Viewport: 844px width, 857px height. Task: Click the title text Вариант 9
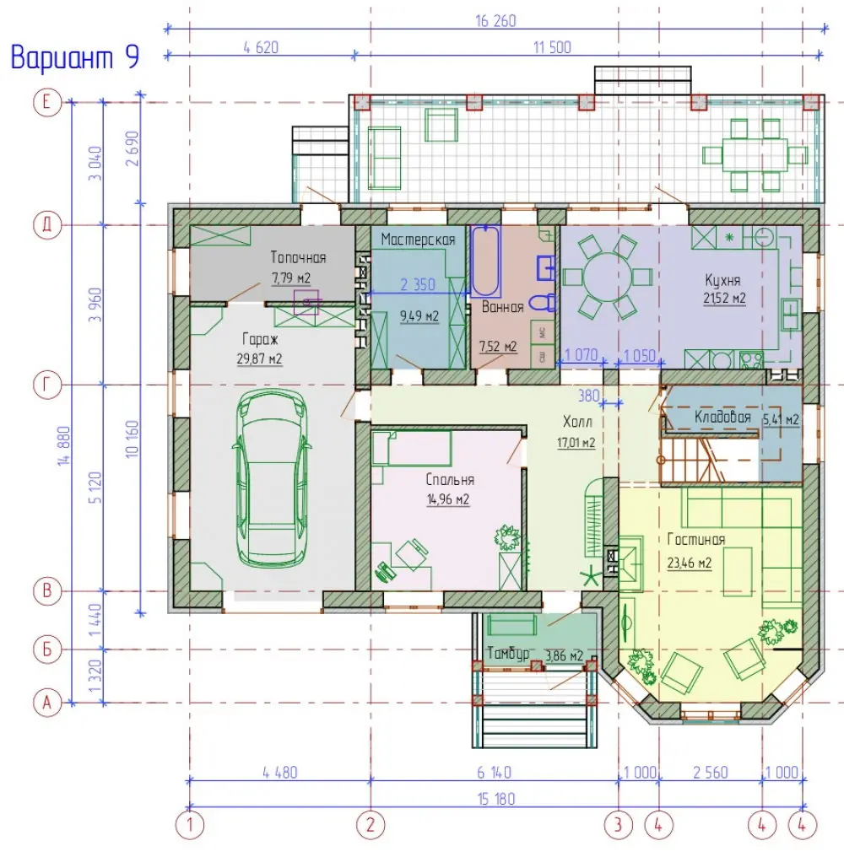(x=75, y=57)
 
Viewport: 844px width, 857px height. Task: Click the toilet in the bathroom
(x=544, y=302)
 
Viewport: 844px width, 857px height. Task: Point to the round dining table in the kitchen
(x=608, y=278)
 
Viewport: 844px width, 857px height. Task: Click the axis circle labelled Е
(x=47, y=102)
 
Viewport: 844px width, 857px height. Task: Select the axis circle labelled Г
(x=47, y=385)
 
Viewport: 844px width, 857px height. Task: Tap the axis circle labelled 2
(x=371, y=824)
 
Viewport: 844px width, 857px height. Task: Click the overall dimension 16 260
(x=495, y=21)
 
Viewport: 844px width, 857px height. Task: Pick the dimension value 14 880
(x=64, y=445)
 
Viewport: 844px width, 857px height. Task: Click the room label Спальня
(x=450, y=480)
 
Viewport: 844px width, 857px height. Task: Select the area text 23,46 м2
(x=690, y=563)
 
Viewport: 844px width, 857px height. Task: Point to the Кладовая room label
(x=722, y=417)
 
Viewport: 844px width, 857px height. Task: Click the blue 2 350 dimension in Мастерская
(x=417, y=285)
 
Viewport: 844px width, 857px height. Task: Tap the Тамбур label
(x=508, y=653)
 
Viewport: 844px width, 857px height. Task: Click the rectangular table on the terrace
(x=755, y=155)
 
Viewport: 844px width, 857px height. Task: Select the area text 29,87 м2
(x=259, y=359)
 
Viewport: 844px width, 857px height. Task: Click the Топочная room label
(x=298, y=257)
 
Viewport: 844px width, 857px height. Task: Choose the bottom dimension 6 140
(x=494, y=773)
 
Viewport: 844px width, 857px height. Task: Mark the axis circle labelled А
(x=47, y=703)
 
